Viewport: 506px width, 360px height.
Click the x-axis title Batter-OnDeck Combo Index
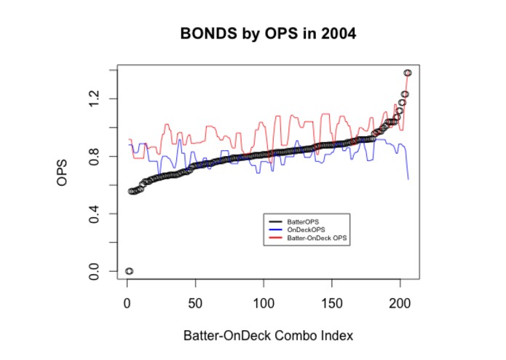coord(268,337)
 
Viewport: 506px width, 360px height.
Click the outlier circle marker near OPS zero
coord(129,271)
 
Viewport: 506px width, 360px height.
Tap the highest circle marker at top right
coord(408,73)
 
